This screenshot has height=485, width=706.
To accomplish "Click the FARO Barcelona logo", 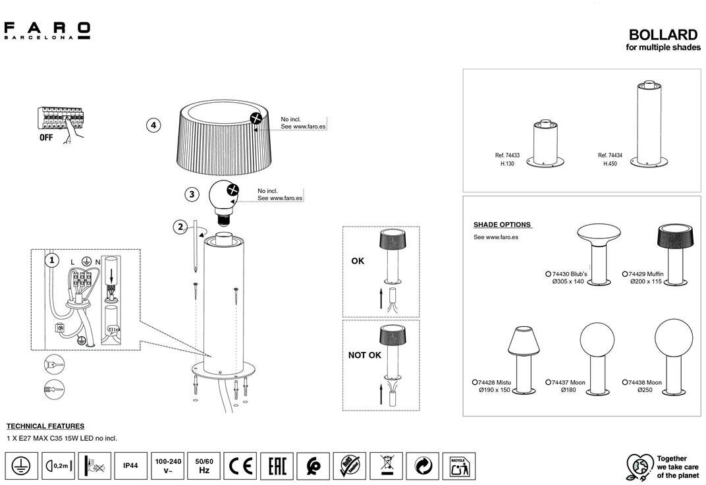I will (47, 30).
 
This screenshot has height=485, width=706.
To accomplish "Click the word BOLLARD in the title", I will (663, 35).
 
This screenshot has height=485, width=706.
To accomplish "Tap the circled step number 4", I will (153, 125).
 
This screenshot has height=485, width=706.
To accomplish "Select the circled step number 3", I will (191, 194).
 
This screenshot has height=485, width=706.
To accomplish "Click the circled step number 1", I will (52, 260).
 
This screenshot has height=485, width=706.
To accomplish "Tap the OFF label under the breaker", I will (47, 138).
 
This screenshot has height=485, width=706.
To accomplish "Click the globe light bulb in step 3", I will (224, 198).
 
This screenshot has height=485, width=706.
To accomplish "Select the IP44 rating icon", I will (130, 466).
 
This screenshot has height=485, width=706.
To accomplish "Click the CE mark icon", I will (240, 466).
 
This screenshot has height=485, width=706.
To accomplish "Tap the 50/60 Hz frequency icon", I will (204, 466).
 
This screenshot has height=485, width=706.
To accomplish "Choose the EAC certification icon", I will (277, 466).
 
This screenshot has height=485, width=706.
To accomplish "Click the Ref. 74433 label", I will (507, 156).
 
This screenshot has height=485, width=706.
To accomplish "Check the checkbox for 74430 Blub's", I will (548, 273).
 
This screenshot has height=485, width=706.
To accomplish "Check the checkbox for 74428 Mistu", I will (475, 382).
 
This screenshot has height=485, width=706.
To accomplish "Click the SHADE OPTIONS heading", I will (502, 225).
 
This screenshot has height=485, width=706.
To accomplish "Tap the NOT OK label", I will (364, 355).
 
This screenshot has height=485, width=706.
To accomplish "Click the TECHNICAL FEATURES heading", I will (45, 426).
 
